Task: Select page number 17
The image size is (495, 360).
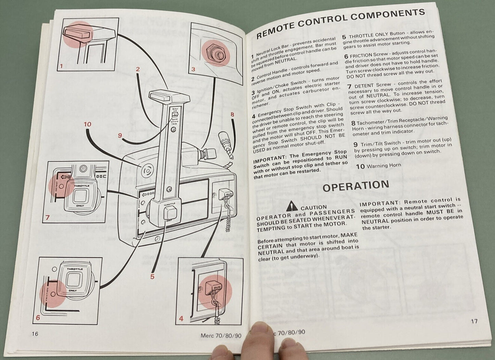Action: (x=474, y=321)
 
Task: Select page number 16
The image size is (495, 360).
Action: (x=35, y=334)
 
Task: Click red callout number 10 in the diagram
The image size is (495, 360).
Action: (x=88, y=124)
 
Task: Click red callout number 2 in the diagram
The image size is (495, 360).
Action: (x=138, y=69)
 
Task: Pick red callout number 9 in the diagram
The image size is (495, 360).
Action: (x=120, y=135)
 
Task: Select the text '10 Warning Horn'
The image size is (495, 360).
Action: (x=376, y=166)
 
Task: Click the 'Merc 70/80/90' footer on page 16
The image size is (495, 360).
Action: (x=221, y=335)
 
